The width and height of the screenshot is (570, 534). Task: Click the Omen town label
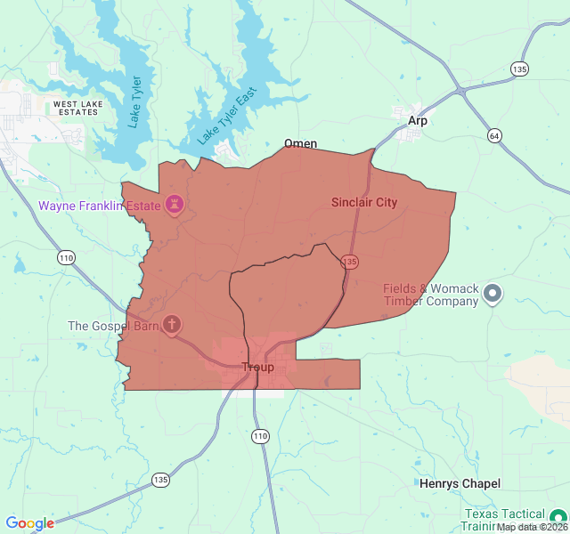pyautogui.click(x=300, y=143)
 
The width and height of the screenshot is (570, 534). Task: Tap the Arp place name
pyautogui.click(x=418, y=120)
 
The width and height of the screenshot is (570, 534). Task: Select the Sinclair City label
pyautogui.click(x=364, y=203)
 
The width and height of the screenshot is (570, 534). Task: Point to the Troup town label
pyautogui.click(x=258, y=367)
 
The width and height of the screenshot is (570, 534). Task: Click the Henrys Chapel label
pyautogui.click(x=460, y=483)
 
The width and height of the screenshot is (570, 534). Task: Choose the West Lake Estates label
pyautogui.click(x=77, y=109)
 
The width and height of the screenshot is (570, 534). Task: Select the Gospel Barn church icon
pyautogui.click(x=170, y=325)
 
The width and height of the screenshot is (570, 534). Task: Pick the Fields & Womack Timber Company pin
pyautogui.click(x=493, y=294)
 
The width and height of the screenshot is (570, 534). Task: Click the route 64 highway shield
pyautogui.click(x=493, y=135)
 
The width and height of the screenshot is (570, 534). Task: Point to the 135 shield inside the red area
pyautogui.click(x=350, y=262)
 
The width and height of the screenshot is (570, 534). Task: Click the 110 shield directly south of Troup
pyautogui.click(x=259, y=436)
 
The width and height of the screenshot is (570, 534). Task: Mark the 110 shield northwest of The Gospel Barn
pyautogui.click(x=66, y=258)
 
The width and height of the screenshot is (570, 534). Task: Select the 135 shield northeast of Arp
pyautogui.click(x=519, y=69)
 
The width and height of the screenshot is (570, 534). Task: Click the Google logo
pyautogui.click(x=29, y=523)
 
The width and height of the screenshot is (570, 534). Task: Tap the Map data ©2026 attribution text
pyautogui.click(x=532, y=527)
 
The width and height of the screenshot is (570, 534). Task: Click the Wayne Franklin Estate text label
pyautogui.click(x=99, y=206)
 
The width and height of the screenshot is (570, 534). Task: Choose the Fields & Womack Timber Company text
pyautogui.click(x=431, y=295)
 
